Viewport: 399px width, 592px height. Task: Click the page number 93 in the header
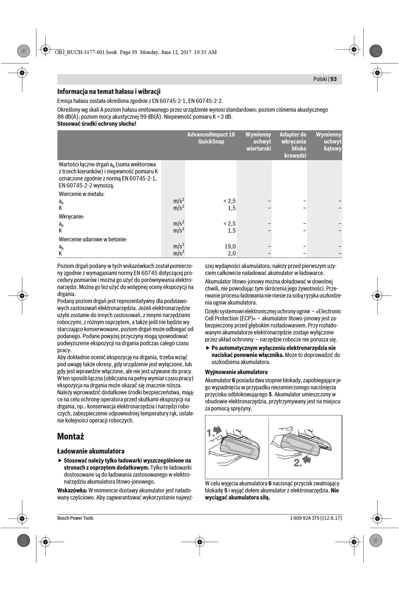(x=333, y=79)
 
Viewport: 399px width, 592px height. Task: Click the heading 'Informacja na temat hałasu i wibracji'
(x=109, y=91)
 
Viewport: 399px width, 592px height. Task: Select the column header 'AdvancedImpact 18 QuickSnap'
(x=211, y=138)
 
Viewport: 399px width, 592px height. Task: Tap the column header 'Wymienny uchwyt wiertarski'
(x=258, y=142)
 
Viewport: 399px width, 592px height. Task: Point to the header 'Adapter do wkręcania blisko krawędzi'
(x=293, y=145)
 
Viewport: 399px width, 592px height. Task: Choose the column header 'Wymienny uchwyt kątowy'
(x=329, y=142)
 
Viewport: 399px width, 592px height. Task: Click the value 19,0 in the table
(x=230, y=247)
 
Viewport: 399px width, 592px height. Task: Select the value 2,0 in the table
(x=231, y=253)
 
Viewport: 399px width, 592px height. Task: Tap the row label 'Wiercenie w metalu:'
(x=81, y=194)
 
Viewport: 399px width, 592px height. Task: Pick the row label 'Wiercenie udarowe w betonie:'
(x=93, y=239)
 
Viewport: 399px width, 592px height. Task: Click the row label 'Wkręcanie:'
(x=71, y=217)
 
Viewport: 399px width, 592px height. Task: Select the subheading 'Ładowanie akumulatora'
(x=91, y=451)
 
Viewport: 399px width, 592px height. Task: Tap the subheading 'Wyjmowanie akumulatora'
(x=236, y=372)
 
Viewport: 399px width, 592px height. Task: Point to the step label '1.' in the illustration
(x=211, y=433)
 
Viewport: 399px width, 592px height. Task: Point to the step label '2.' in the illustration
(x=297, y=463)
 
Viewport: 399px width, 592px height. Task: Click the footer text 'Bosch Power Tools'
(x=75, y=518)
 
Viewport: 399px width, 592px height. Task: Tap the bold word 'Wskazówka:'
(x=72, y=490)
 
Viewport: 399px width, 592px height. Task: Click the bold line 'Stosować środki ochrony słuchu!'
(x=97, y=124)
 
